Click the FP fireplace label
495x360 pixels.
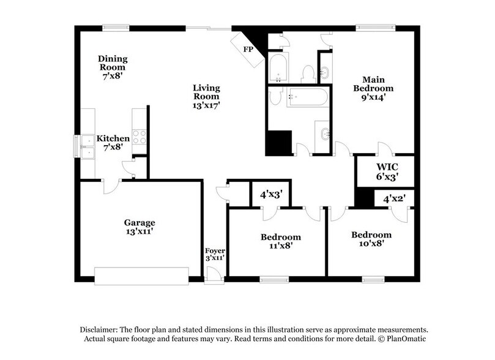click(248, 49)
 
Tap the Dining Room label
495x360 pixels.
click(113, 64)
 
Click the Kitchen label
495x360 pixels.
click(113, 143)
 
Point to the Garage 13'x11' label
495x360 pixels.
click(140, 227)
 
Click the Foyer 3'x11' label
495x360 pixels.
click(215, 254)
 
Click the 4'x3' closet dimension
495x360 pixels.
click(270, 195)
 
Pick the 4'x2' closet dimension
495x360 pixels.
click(395, 198)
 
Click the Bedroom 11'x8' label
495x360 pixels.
click(280, 241)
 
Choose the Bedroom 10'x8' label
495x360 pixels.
click(371, 239)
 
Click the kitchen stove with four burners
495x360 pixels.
click(139, 137)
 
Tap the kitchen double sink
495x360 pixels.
click(84, 146)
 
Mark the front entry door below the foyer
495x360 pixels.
click(214, 278)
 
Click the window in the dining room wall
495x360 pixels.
click(116, 27)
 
